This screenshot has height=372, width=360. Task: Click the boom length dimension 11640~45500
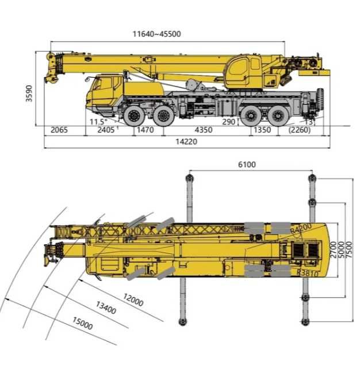[x=156, y=34]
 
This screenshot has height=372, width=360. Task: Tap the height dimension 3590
[x=29, y=93]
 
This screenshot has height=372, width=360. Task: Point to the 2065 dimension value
[x=59, y=130]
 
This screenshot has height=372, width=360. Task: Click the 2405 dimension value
[x=105, y=130]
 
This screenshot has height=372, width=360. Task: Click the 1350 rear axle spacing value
[x=262, y=130]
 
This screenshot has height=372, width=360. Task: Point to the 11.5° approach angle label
[x=98, y=122]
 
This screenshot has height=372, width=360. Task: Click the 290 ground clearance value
[x=229, y=122]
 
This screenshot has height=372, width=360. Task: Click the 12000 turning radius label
[x=133, y=299]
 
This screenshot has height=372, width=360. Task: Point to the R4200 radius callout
[x=301, y=227]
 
